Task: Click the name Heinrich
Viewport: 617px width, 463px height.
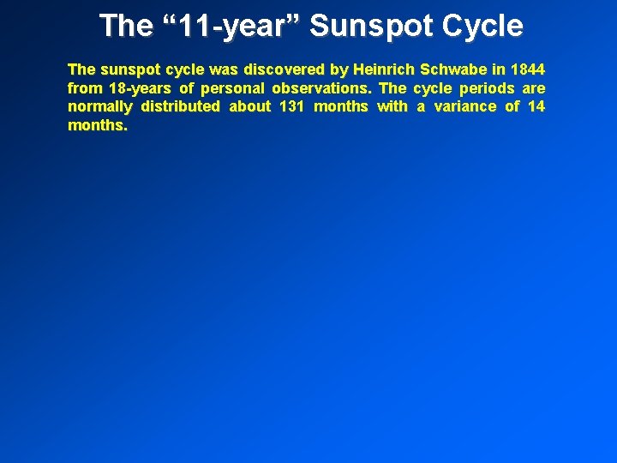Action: pos(383,69)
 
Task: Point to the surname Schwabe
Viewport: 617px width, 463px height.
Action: pos(452,69)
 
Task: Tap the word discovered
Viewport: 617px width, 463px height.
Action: pos(277,69)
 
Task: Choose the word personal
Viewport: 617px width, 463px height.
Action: pos(232,87)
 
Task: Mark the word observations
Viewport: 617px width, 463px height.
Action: pos(321,87)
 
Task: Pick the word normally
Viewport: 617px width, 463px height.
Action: pos(99,106)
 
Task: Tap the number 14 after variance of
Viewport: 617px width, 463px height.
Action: pos(536,106)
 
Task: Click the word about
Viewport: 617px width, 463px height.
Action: pos(249,106)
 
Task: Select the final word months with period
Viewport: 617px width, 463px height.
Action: pos(98,125)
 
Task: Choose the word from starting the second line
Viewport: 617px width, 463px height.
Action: pos(84,87)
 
